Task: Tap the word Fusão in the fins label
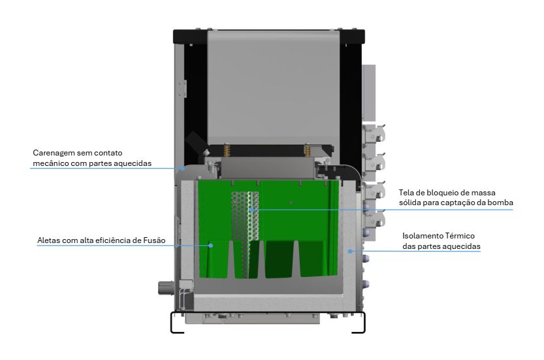pyautogui.click(x=154, y=240)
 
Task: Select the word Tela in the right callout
pyautogui.click(x=406, y=193)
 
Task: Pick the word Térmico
pyautogui.click(x=460, y=236)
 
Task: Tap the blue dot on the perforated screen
pyautogui.click(x=251, y=210)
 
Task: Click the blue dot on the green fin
pyautogui.click(x=210, y=246)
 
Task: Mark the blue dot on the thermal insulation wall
pyautogui.click(x=350, y=251)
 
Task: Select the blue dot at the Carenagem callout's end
pyautogui.click(x=183, y=169)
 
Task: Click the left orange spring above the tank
pyautogui.click(x=227, y=150)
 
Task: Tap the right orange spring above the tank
pyautogui.click(x=307, y=150)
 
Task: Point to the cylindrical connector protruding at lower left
pyautogui.click(x=165, y=287)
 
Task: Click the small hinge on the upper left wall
pyautogui.click(x=183, y=89)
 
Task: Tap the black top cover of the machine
pyautogui.click(x=269, y=37)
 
